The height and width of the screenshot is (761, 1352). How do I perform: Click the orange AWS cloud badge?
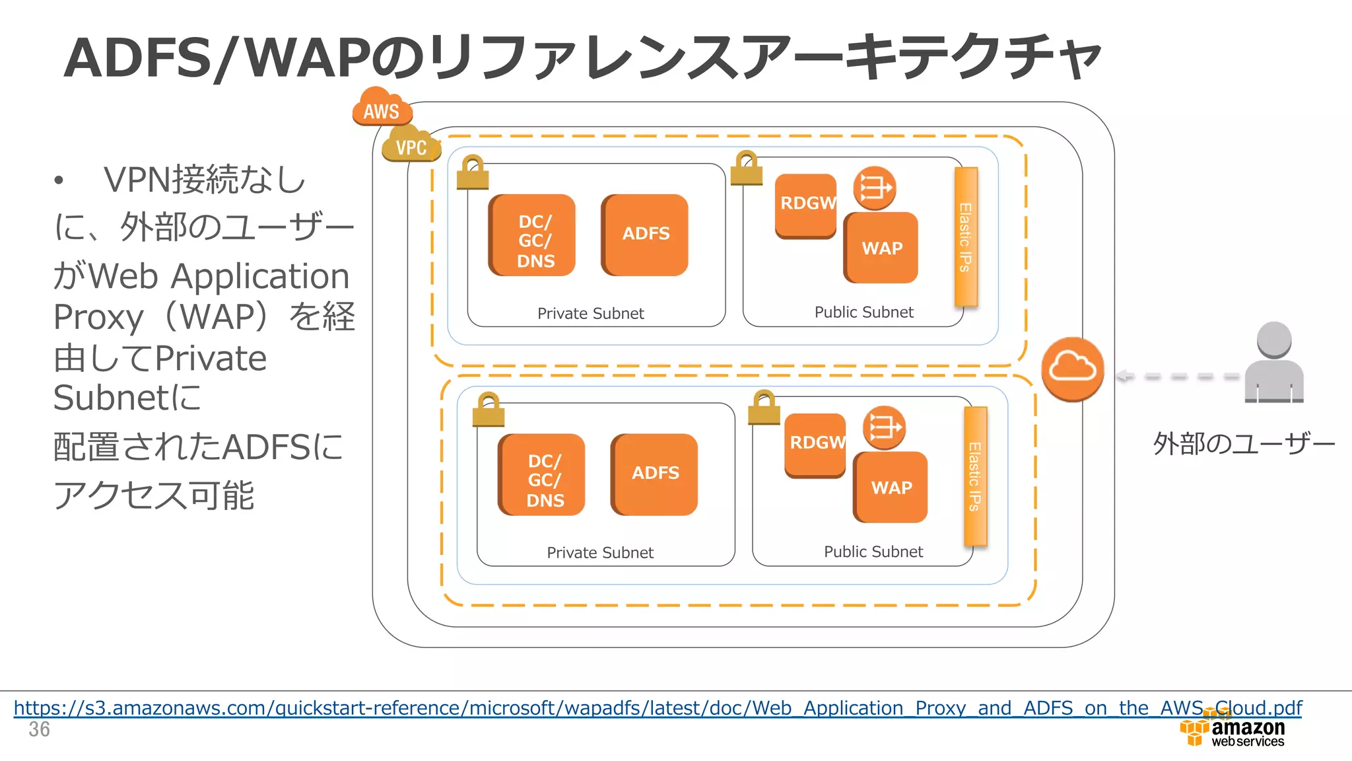[382, 109]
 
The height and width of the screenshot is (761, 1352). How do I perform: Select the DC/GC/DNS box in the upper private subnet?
[533, 236]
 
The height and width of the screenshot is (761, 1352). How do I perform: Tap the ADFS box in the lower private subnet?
[654, 474]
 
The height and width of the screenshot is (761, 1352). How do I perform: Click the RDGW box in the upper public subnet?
[805, 205]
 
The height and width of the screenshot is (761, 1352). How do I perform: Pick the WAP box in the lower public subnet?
[891, 488]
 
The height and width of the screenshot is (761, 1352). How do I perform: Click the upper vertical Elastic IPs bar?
[965, 236]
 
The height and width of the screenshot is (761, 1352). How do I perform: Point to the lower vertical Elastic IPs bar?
[975, 476]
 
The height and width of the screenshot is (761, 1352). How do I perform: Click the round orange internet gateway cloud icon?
[1072, 369]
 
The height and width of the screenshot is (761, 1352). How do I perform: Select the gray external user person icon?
[1273, 363]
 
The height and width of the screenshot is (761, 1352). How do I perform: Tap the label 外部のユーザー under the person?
[1244, 443]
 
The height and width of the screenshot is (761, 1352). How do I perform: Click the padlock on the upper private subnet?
[473, 173]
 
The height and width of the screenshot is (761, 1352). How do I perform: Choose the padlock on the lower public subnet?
[764, 408]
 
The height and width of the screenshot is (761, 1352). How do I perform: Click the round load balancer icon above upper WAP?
[874, 188]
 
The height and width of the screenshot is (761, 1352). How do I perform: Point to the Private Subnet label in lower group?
[599, 553]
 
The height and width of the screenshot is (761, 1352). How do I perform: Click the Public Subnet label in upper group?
[863, 312]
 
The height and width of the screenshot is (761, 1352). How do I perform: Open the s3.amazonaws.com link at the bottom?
[657, 708]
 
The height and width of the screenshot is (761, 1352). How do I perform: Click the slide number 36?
[39, 729]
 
